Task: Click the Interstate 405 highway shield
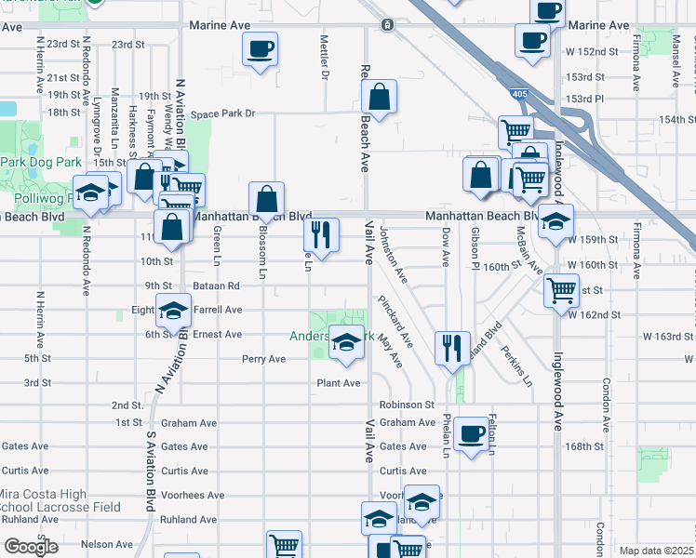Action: click(516, 94)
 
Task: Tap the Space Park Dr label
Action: click(222, 114)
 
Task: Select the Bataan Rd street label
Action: click(217, 286)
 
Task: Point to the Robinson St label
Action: click(407, 405)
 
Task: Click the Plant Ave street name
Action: click(338, 383)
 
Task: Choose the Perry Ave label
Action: click(263, 359)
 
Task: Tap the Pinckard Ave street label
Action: click(395, 321)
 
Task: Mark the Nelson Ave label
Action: click(107, 544)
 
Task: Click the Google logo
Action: click(31, 547)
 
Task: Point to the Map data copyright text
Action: click(657, 551)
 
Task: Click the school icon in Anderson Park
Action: click(346, 343)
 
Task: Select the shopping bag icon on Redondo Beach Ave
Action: click(380, 96)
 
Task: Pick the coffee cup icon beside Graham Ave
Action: click(471, 432)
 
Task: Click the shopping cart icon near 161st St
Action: click(561, 289)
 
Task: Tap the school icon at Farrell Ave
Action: click(173, 311)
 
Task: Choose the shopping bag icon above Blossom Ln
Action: click(267, 198)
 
